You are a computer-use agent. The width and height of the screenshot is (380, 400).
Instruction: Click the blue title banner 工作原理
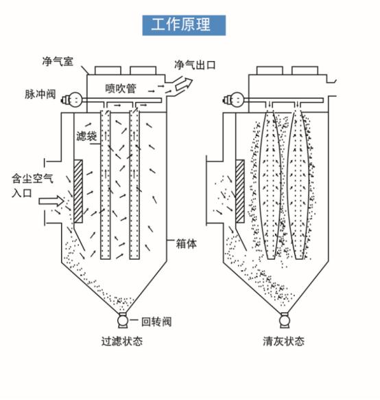coord(184,25)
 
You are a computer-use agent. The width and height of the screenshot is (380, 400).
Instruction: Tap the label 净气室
coord(58,61)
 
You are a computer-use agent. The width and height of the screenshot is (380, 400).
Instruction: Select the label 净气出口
coord(195,65)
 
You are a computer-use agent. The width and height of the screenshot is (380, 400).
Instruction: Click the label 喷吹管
coord(121,88)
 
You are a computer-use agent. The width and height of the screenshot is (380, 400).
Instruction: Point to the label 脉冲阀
coord(40,94)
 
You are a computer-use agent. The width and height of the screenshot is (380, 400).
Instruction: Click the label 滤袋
coord(86,136)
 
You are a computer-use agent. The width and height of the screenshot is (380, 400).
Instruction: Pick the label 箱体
coord(187,244)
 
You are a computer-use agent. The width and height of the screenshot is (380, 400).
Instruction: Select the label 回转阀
coord(156,322)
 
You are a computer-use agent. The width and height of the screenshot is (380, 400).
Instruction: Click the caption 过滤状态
coord(122,341)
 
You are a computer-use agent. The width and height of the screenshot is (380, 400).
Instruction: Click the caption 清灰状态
coord(283,341)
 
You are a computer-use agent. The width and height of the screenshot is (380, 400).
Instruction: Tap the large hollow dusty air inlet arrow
coord(51,201)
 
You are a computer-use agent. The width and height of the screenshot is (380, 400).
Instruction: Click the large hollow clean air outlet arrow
coord(184,84)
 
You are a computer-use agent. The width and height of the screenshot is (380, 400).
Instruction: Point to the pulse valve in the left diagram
coord(72,99)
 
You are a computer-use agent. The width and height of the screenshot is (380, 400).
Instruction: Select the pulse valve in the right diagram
coord(234,99)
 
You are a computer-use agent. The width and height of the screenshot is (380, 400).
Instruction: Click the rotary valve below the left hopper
coord(123,320)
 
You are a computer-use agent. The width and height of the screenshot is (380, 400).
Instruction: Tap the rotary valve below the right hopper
coord(285,320)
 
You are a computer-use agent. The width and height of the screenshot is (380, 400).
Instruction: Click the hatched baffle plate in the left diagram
coord(78,191)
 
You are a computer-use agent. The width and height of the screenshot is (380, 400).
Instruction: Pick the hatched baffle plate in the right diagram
coord(240,191)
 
